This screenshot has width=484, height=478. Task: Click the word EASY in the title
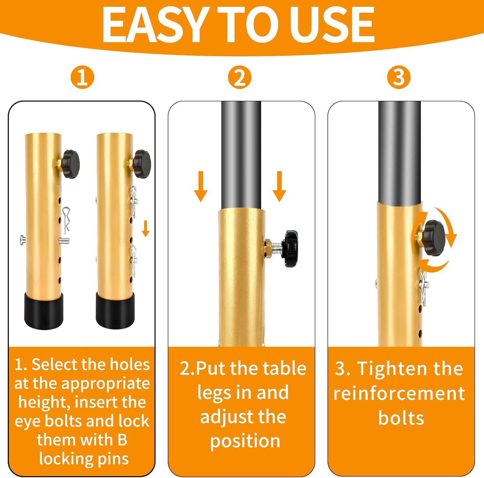(154, 25)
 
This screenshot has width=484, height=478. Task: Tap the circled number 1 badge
(82, 77)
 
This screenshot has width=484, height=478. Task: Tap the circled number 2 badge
(239, 77)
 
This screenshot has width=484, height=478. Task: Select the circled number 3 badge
(399, 77)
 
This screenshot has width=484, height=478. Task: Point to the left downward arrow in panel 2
(201, 187)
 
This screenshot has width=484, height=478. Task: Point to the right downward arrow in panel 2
(279, 187)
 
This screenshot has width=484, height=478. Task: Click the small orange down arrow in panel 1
(146, 229)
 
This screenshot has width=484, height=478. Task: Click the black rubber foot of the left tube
(44, 311)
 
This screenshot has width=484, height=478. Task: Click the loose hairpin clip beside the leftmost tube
(66, 219)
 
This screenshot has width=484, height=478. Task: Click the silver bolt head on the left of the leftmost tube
(22, 240)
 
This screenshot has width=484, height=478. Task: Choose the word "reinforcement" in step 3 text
(399, 394)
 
